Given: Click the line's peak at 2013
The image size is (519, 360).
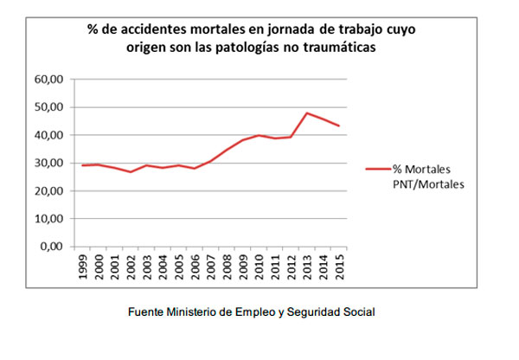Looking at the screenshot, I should [306, 113].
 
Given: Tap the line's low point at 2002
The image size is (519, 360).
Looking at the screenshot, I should [131, 172].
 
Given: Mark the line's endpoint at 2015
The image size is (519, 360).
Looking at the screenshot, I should [338, 126].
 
